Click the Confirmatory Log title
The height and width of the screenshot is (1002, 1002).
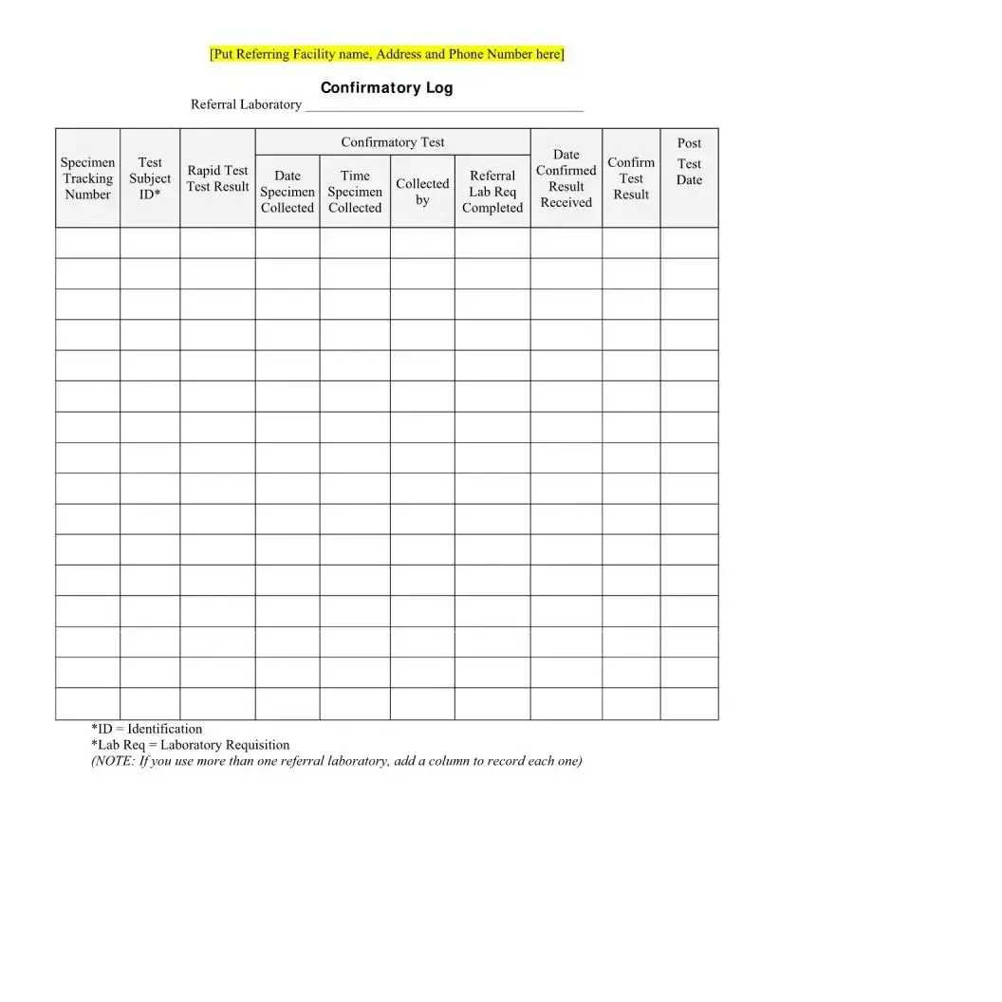click(x=386, y=88)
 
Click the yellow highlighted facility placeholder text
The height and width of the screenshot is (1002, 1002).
click(x=386, y=54)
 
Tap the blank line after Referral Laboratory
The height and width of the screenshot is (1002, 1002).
click(x=443, y=106)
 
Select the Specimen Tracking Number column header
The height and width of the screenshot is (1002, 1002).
click(x=87, y=178)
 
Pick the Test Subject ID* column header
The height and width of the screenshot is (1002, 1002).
click(x=150, y=178)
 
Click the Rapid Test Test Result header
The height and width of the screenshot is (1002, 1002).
click(x=217, y=178)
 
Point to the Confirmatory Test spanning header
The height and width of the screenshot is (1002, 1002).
click(x=393, y=142)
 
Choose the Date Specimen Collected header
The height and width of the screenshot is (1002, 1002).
click(x=288, y=192)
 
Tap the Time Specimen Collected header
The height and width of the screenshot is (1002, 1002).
click(x=355, y=192)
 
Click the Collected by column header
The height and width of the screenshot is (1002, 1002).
click(x=422, y=192)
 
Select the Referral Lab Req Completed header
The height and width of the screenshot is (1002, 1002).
click(x=492, y=192)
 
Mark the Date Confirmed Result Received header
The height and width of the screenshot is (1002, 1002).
click(x=566, y=178)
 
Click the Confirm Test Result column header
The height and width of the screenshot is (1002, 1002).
click(x=631, y=178)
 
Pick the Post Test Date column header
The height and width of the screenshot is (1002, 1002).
click(x=689, y=162)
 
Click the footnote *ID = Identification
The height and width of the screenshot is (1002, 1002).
click(x=146, y=729)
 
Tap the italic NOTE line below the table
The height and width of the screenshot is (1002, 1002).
click(x=336, y=761)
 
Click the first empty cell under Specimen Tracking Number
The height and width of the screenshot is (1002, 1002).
click(x=87, y=243)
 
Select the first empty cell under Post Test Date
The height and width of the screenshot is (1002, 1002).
click(x=689, y=243)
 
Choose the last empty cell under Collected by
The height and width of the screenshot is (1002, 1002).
click(x=422, y=704)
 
